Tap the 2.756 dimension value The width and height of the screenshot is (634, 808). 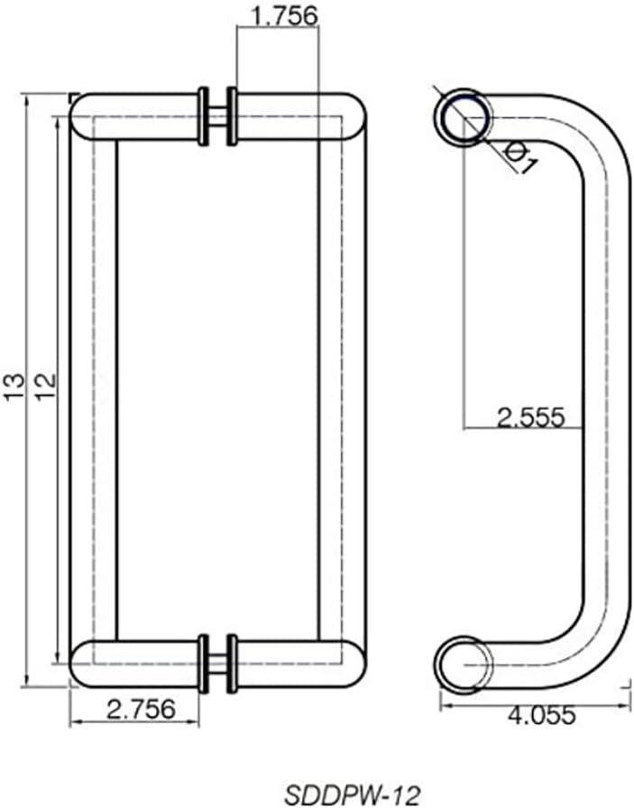click(x=140, y=709)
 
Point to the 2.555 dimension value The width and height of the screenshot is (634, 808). click(x=530, y=416)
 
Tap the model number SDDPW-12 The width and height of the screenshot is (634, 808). click(x=351, y=794)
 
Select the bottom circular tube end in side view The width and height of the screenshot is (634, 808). click(x=464, y=665)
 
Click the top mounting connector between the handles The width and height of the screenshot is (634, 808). click(x=217, y=116)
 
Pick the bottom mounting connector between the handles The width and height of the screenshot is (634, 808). click(x=217, y=664)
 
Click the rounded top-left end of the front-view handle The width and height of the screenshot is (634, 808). click(x=83, y=116)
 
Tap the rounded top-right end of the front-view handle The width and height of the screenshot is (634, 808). click(x=354, y=116)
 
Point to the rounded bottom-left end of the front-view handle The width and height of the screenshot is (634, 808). click(x=83, y=664)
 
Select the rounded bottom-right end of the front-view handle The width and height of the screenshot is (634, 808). click(x=354, y=664)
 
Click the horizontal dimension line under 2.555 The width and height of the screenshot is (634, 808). click(x=523, y=427)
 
